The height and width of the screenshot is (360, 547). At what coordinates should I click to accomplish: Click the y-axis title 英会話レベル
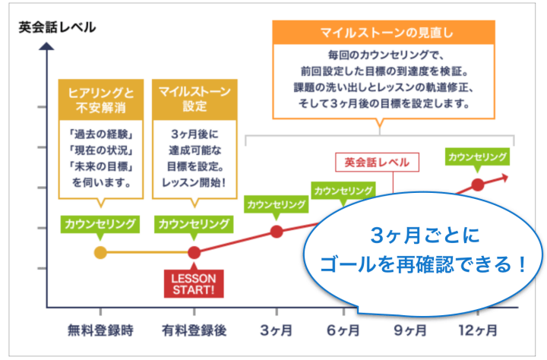(57, 27)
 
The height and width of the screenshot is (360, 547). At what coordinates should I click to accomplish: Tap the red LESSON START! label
(194, 283)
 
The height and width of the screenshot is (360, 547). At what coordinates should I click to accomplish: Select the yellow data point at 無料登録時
(100, 252)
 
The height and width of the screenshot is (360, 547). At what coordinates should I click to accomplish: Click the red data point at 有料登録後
(194, 252)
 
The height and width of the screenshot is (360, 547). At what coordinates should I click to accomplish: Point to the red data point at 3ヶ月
(277, 232)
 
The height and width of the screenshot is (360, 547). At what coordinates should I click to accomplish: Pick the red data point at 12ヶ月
(478, 185)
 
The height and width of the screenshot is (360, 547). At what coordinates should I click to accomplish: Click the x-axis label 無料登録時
(100, 330)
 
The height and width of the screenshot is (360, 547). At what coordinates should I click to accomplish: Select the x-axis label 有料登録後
(194, 330)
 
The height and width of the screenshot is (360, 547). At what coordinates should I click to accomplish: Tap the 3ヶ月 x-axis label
(277, 330)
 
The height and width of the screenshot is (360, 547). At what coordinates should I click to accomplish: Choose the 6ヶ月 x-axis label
(343, 330)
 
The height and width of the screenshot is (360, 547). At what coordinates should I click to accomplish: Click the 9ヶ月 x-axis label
(410, 330)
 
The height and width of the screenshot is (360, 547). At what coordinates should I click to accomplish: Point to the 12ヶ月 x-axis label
(478, 330)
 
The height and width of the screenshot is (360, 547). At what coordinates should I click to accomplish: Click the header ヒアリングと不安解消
(101, 99)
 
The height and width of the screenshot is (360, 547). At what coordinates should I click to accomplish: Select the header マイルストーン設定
(194, 99)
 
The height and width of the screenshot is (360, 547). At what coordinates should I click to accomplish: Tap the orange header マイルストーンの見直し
(384, 33)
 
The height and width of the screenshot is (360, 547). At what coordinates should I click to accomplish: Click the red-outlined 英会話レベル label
(377, 163)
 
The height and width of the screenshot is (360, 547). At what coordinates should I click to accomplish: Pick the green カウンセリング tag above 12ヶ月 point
(477, 156)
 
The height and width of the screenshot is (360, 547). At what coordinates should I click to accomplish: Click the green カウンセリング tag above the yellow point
(100, 224)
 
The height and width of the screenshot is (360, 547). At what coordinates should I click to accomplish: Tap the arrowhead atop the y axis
(46, 46)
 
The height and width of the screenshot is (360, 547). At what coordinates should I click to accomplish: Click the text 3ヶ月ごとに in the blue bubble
(425, 235)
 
